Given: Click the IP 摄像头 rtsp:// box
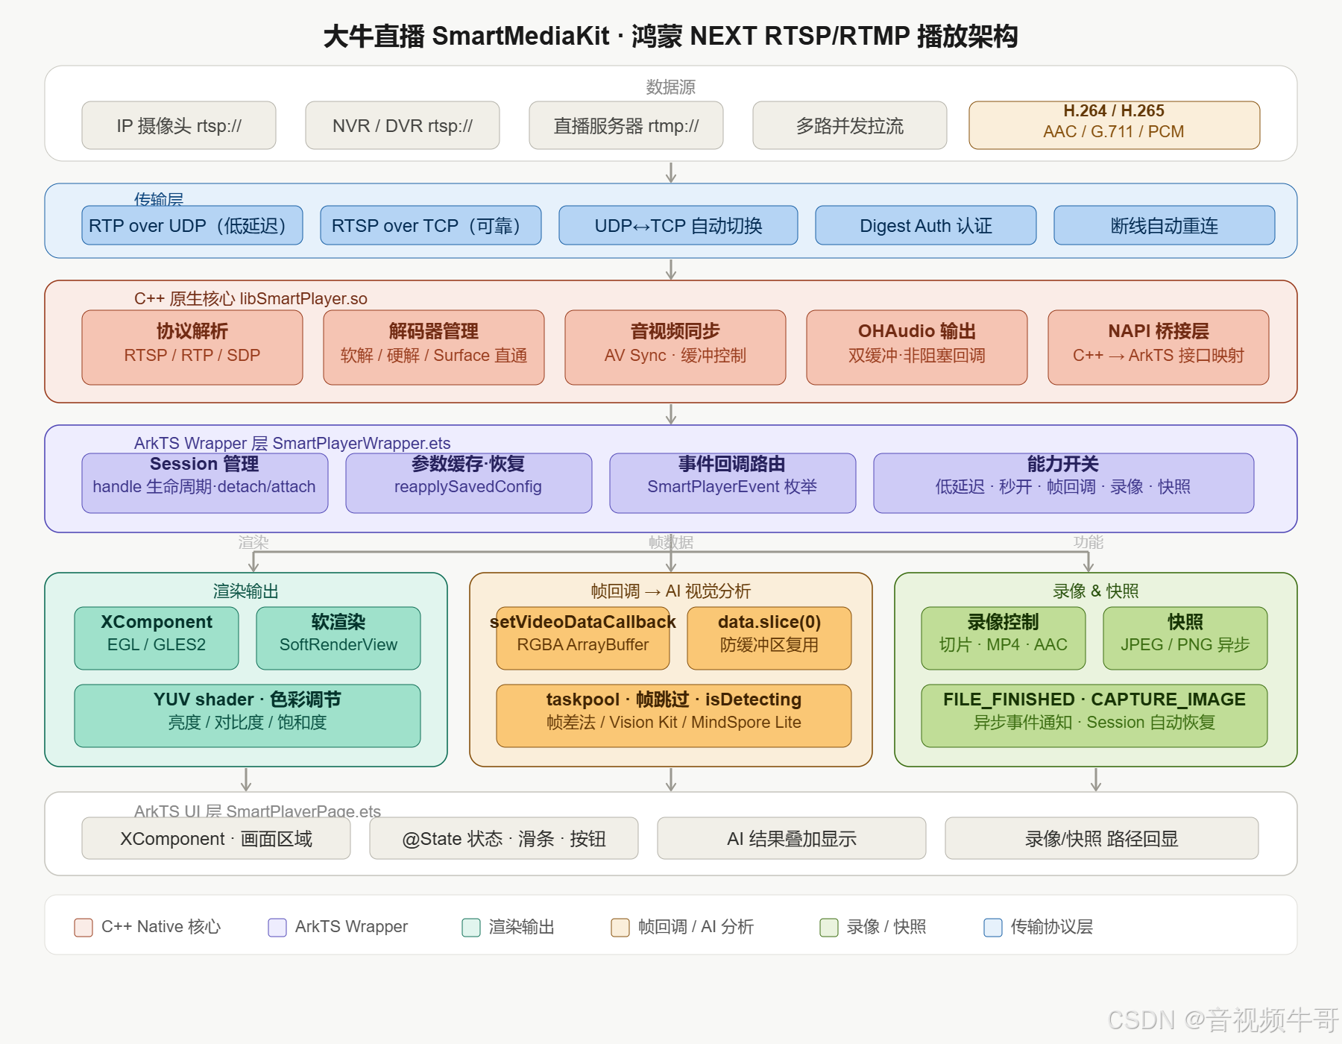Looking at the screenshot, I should click(x=179, y=125).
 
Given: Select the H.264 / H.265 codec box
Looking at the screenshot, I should click(x=1114, y=125).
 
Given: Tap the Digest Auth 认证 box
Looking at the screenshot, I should click(x=925, y=225).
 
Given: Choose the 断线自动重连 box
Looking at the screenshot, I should click(x=1164, y=225).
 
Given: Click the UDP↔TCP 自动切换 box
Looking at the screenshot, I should click(x=678, y=225).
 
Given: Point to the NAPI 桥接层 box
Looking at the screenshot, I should click(x=1158, y=348).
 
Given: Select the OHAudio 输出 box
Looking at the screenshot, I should click(x=916, y=348).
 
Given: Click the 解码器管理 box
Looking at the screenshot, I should click(x=433, y=348).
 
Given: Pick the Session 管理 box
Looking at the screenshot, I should click(x=204, y=483).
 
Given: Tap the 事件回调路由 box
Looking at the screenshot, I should click(x=732, y=483).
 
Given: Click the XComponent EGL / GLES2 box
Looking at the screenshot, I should click(x=157, y=638).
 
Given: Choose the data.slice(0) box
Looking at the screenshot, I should click(x=769, y=638).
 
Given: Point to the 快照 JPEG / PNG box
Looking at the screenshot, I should click(x=1185, y=638).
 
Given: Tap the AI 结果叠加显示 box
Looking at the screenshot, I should click(x=791, y=838).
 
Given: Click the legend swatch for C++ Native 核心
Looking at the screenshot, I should click(x=84, y=927).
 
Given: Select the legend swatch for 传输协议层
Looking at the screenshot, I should click(x=993, y=927).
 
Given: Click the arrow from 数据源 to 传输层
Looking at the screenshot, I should click(x=671, y=172).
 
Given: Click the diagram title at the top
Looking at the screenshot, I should click(x=671, y=36).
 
